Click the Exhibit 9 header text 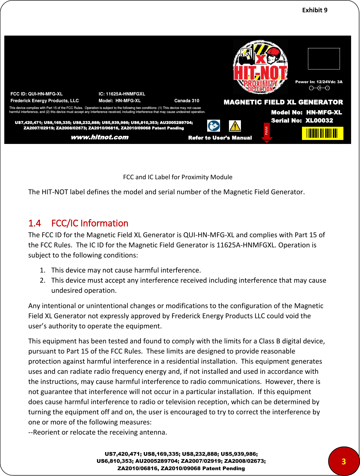[x=315, y=10]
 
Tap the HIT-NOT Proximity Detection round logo [x=260, y=67]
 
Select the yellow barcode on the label [x=322, y=134]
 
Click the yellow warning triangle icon [x=235, y=126]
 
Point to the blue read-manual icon [x=214, y=126]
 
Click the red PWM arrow [x=267, y=133]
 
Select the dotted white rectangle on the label [x=324, y=59]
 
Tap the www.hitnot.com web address [x=100, y=137]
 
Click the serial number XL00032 [x=319, y=120]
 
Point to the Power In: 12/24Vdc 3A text [x=319, y=82]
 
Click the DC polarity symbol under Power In [x=319, y=88]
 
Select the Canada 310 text [x=187, y=101]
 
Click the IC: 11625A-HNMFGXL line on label [x=122, y=94]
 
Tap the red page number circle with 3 [x=343, y=461]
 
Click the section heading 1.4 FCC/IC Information [x=78, y=223]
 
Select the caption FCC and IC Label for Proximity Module [x=178, y=177]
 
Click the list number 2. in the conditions [x=43, y=280]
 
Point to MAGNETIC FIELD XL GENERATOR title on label [x=283, y=102]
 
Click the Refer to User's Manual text [x=220, y=138]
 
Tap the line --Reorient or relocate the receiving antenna [x=98, y=432]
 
